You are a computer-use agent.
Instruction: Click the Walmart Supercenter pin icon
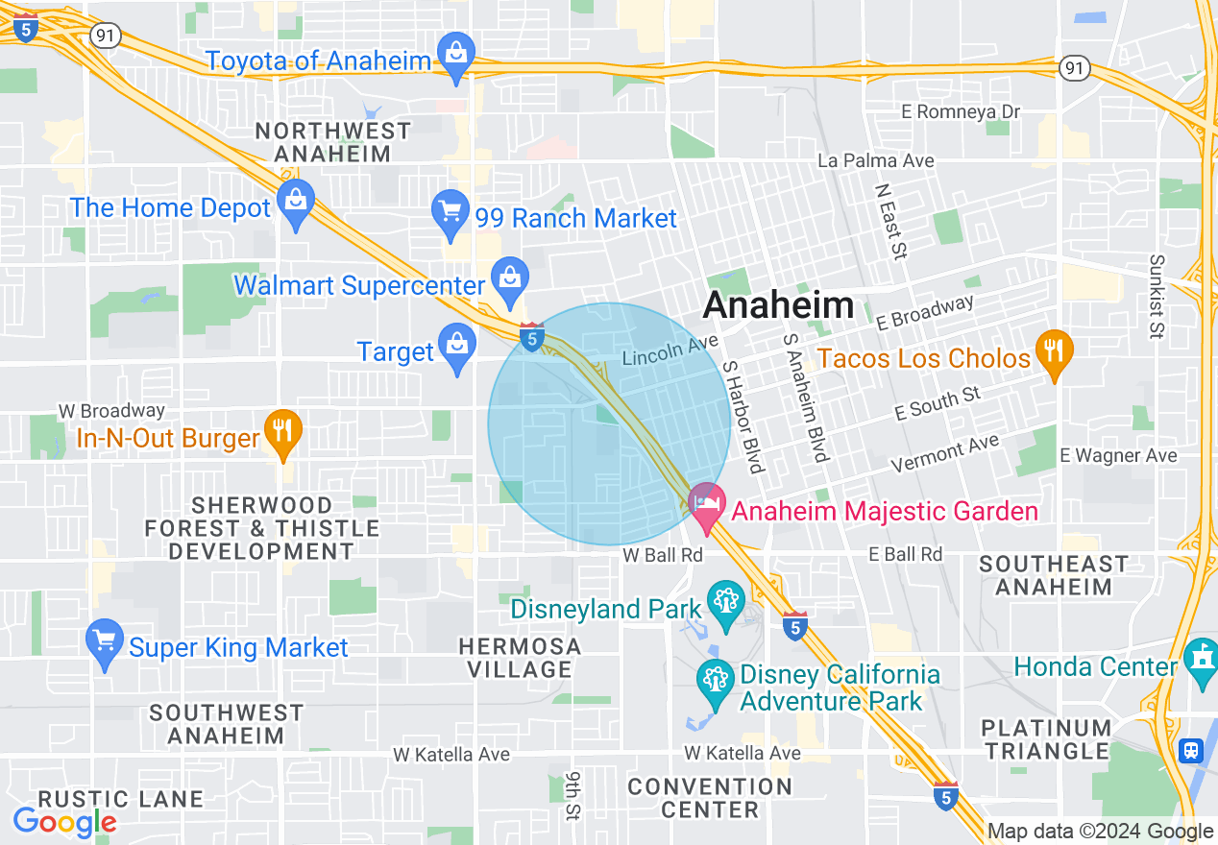coord(508,279)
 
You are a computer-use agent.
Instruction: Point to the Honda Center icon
coord(1201,662)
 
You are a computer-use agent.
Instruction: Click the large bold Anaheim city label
coord(778,305)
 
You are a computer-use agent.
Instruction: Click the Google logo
coord(64,822)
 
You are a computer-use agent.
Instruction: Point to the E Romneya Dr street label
coord(961,112)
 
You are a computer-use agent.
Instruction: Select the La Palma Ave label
coord(875,160)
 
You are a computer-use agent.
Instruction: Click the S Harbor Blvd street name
coord(743,416)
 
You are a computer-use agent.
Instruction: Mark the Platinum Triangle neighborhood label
coord(1045,738)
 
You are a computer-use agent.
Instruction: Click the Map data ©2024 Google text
coord(1100,832)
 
